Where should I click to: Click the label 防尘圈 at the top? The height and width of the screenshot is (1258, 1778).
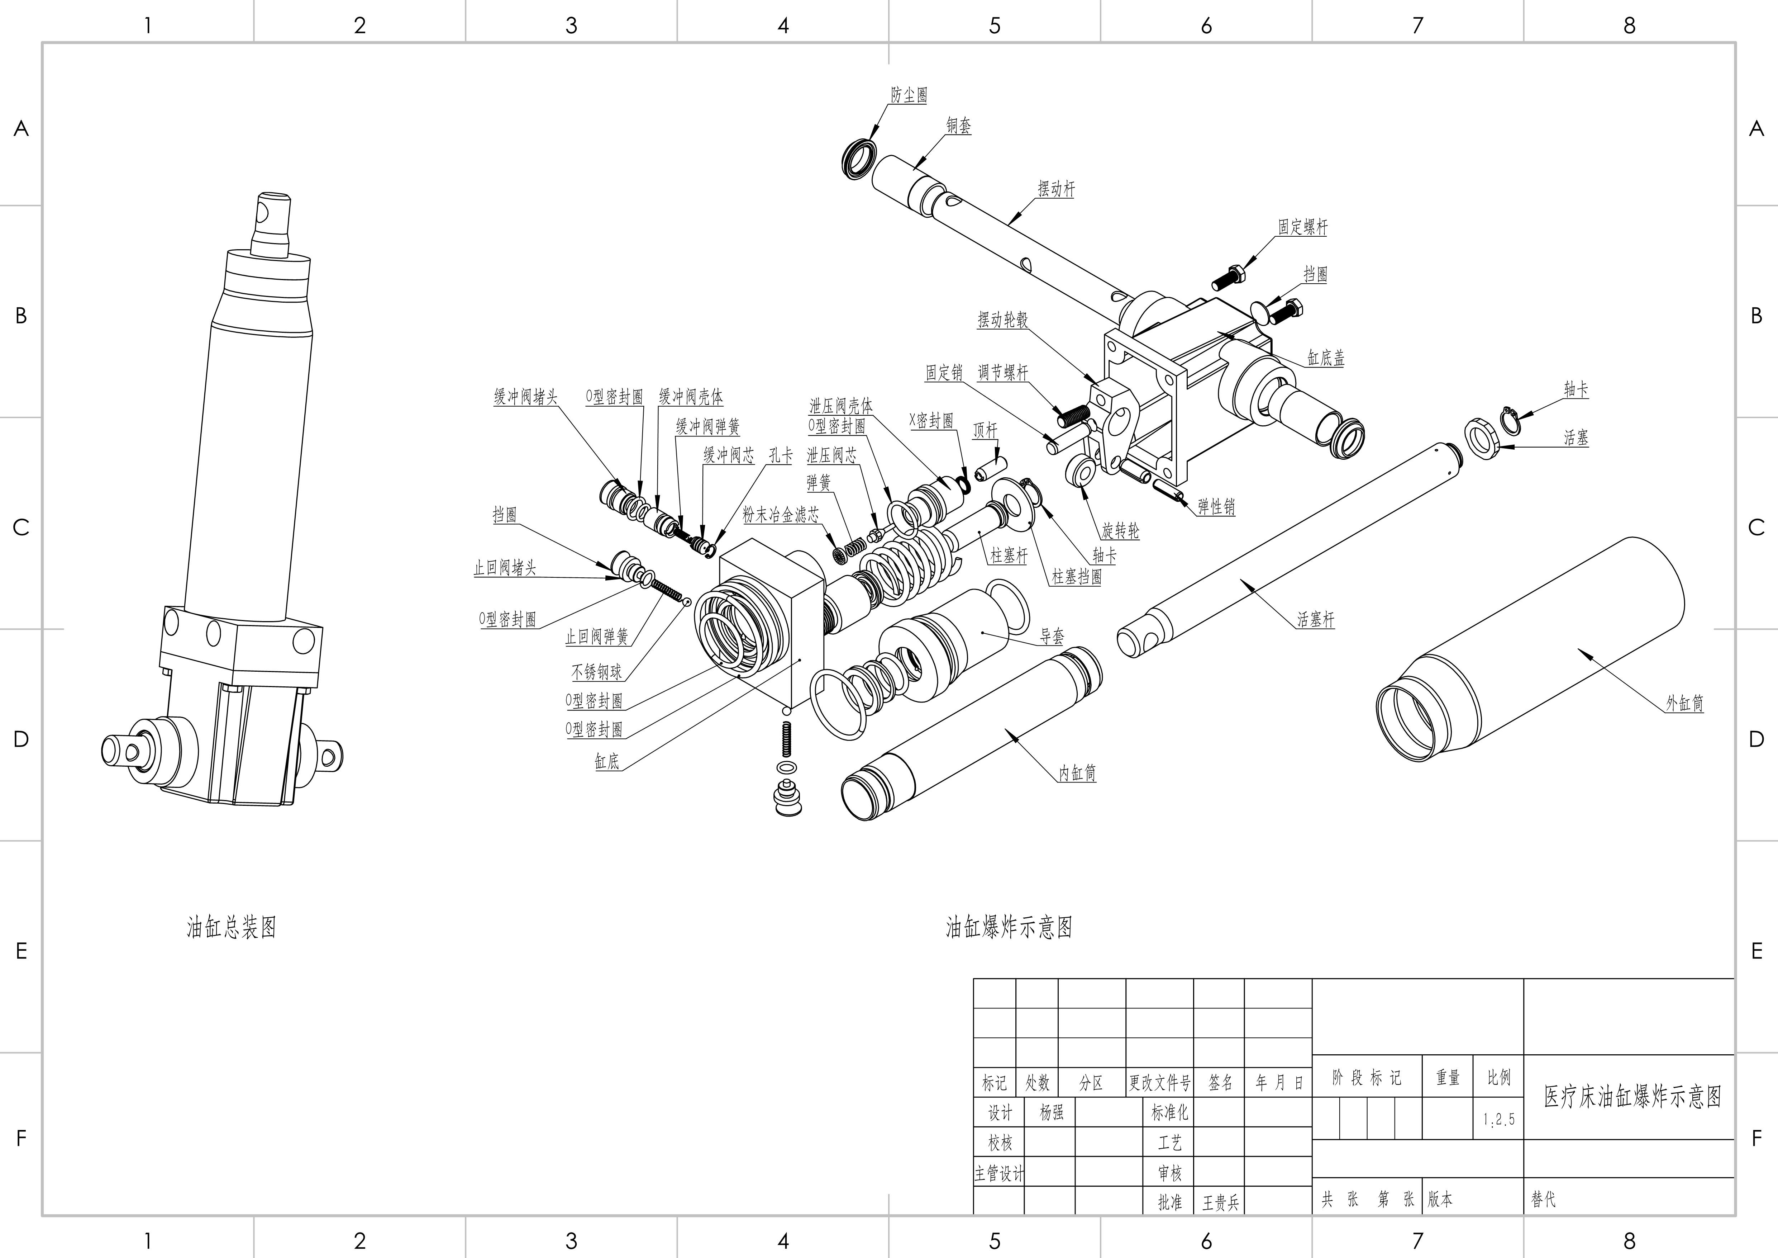(909, 95)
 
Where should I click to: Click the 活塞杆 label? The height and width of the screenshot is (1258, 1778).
(1316, 620)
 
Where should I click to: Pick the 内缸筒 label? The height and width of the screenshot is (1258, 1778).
(1077, 773)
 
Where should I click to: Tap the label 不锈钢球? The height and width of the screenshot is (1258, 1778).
(596, 672)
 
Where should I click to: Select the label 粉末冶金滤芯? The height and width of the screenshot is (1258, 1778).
(781, 514)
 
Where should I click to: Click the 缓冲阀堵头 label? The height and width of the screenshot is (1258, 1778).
(526, 397)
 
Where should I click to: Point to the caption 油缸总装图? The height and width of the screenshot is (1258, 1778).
(231, 927)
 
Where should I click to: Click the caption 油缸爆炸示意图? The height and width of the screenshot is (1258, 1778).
(1008, 927)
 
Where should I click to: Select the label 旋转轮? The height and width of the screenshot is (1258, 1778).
(1121, 531)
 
